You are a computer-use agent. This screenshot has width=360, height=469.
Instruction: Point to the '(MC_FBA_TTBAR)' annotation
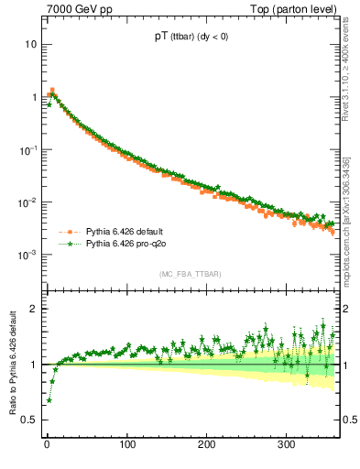click(x=191, y=274)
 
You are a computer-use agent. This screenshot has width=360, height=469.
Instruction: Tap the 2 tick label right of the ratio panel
click(x=345, y=309)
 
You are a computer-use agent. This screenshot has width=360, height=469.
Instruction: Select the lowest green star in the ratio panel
click(x=49, y=400)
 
